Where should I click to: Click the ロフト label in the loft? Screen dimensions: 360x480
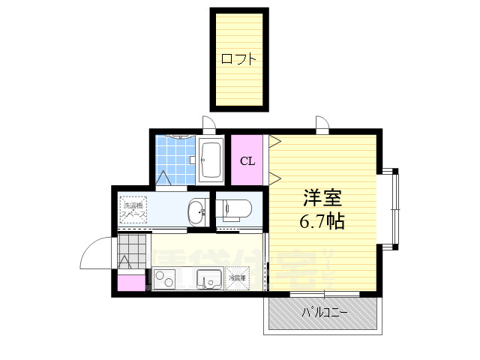pos(239,58)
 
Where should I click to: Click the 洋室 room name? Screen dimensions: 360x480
pos(323,199)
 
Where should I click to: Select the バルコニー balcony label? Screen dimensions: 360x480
pos(325,312)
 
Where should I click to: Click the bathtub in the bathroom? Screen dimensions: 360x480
pos(211,160)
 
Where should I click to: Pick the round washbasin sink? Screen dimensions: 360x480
pos(198,212)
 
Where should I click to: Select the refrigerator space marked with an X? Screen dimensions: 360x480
pos(236,279)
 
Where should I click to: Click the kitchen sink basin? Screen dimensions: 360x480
pos(208,280)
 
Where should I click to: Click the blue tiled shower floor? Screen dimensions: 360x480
pos(175,159)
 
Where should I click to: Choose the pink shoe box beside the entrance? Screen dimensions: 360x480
pos(130,284)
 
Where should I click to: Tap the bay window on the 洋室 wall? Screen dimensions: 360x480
pos(394,208)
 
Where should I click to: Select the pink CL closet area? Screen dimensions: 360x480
pos(247,172)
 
